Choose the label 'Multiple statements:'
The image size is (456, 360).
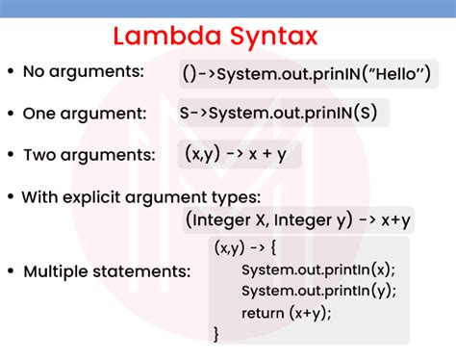(106, 270)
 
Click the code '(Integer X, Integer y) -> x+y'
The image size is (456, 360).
(298, 221)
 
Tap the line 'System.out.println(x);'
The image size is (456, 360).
(317, 270)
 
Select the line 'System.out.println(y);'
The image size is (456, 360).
(317, 291)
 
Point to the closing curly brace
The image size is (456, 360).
(217, 333)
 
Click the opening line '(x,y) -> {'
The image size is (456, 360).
(246, 247)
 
